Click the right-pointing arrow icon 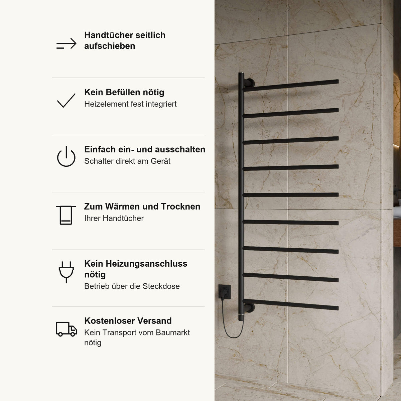pyautogui.click(x=66, y=43)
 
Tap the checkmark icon pyautogui.click(x=66, y=101)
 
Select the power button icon pyautogui.click(x=66, y=156)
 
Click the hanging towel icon pyautogui.click(x=66, y=215)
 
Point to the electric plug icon pyautogui.click(x=66, y=272)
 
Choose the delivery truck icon pyautogui.click(x=66, y=329)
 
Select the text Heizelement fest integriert pyautogui.click(x=130, y=104)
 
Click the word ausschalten pyautogui.click(x=180, y=149)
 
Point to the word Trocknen pyautogui.click(x=180, y=207)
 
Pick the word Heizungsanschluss pyautogui.click(x=146, y=264)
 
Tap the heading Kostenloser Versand pyautogui.click(x=128, y=321)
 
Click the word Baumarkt pyautogui.click(x=173, y=332)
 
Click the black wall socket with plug pyautogui.click(x=225, y=292)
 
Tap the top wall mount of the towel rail pyautogui.click(x=250, y=83)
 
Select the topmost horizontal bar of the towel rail pyautogui.click(x=291, y=85)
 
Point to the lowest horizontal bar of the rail pyautogui.click(x=291, y=304)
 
